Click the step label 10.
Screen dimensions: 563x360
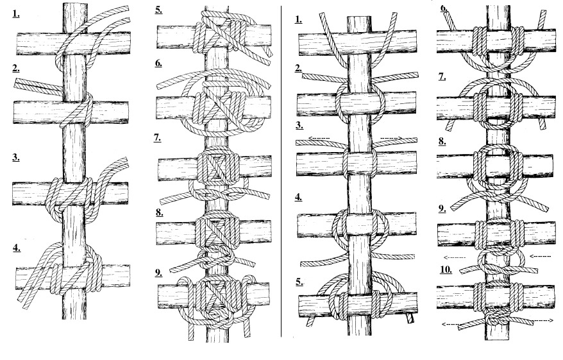[446, 270]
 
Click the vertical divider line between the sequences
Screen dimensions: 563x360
[281, 171]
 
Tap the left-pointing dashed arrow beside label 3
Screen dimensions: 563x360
[319, 138]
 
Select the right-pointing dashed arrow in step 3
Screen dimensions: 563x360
[391, 138]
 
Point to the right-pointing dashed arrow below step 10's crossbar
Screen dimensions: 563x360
[543, 320]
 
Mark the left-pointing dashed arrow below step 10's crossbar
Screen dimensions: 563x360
[451, 324]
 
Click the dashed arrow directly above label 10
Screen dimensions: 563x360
[455, 257]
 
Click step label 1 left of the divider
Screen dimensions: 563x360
[15, 13]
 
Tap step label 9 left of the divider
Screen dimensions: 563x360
[158, 273]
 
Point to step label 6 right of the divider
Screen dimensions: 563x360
[444, 8]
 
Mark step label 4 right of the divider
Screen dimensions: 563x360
[299, 197]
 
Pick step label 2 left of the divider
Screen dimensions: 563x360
[15, 68]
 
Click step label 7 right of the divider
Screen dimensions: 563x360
[442, 76]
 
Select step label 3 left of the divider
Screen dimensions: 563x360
[16, 157]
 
